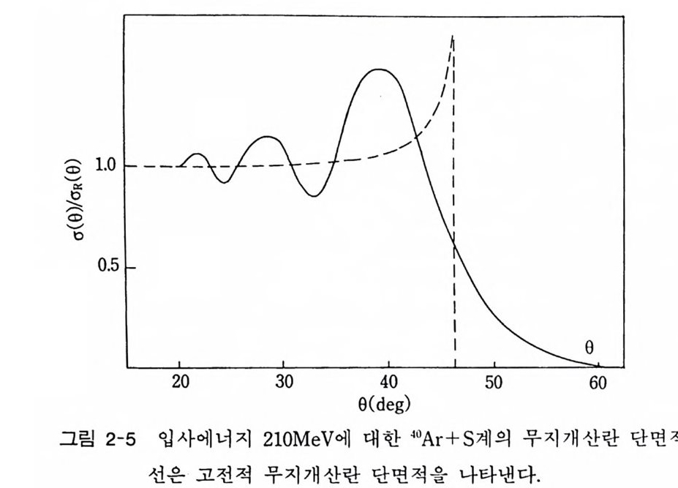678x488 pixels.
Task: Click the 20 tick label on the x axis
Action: [x=181, y=383]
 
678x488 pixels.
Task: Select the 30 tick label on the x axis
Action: [x=285, y=383]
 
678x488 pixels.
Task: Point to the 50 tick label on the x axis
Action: [x=494, y=383]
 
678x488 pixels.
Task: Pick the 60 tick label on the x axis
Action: [x=598, y=383]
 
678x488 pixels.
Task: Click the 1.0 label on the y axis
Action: [x=107, y=165]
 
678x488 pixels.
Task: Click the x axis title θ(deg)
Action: [x=384, y=402]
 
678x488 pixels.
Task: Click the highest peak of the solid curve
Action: [x=377, y=70]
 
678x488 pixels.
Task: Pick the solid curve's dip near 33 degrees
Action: [x=314, y=196]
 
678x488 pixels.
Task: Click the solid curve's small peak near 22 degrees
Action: [x=197, y=154]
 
